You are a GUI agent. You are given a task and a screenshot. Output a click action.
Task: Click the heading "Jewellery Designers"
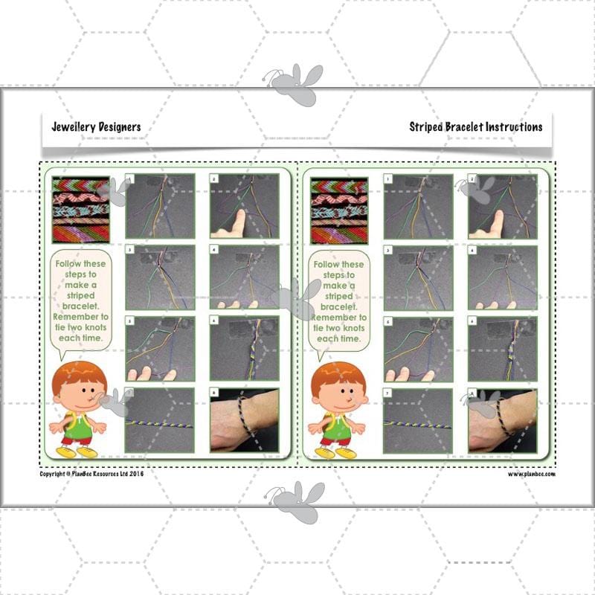tap(96, 127)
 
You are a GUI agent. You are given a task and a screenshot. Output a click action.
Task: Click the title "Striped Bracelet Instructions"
tap(475, 127)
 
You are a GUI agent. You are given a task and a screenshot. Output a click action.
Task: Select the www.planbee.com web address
tap(532, 473)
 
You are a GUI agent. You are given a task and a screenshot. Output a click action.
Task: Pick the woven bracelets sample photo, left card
tap(80, 209)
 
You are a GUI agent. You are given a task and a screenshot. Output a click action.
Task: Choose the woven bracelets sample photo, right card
tap(338, 209)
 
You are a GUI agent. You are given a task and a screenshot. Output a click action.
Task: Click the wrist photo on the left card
tap(244, 420)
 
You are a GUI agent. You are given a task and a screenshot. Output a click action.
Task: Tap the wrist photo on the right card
tap(502, 420)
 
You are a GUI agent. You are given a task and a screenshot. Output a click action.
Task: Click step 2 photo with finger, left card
tap(244, 206)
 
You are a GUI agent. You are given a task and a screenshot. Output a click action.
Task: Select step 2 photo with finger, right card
tap(502, 206)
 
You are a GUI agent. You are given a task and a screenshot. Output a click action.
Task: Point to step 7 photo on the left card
tap(160, 420)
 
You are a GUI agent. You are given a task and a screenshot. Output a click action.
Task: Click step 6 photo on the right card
tap(502, 349)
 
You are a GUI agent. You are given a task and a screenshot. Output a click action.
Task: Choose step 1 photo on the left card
tap(160, 206)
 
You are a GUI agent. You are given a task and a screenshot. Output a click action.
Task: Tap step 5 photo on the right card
tap(418, 349)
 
